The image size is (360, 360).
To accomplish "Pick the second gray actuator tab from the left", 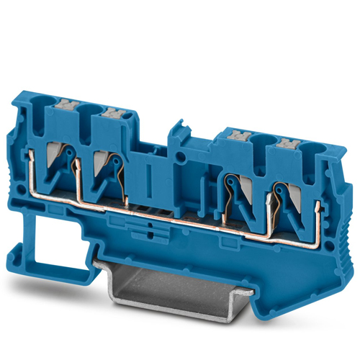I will pos(113,113).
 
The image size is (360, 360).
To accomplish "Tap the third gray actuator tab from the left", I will pos(237,135).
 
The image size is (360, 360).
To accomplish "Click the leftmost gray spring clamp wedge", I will pos(60,150).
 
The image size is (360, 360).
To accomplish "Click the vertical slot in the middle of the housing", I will pos(148,177).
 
